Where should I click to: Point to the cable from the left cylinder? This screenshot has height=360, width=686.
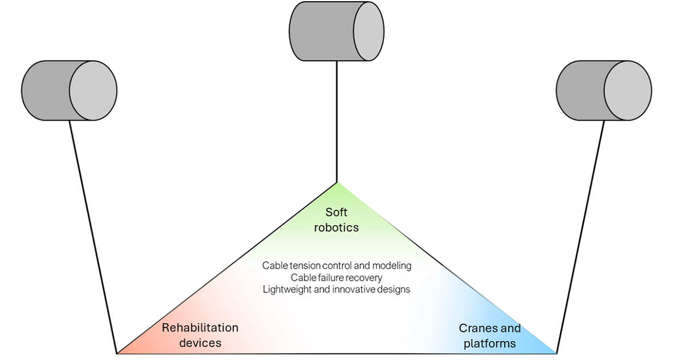tap(93, 234)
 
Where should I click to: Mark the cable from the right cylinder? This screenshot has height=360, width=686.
tap(581, 234)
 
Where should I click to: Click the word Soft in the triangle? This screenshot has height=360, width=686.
tap(336, 213)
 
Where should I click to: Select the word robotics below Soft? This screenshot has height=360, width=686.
tap(336, 227)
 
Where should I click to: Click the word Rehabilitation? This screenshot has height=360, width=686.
tap(200, 328)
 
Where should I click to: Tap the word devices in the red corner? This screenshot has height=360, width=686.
tap(200, 343)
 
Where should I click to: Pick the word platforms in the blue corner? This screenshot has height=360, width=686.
tap(489, 343)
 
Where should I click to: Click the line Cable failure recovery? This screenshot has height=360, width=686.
tap(336, 278)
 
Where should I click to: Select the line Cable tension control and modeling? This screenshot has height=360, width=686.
tap(336, 266)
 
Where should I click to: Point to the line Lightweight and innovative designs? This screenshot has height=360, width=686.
tap(336, 289)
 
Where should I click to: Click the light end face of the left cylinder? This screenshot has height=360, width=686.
tap(93, 90)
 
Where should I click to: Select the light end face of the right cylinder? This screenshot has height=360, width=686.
tap(628, 90)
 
